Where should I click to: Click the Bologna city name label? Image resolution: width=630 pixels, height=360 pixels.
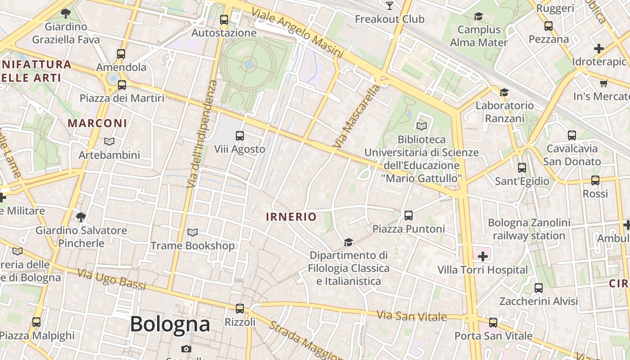coord(170,324)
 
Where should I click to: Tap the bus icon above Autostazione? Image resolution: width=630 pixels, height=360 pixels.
coord(224,20)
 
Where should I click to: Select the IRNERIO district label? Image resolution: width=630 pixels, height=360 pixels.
coord(291,217)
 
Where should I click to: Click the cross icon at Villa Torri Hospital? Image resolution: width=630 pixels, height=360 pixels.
coord(483,257)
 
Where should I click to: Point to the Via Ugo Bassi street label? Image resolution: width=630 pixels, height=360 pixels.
coord(112,279)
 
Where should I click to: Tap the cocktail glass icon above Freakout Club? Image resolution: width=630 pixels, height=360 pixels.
coord(390,6)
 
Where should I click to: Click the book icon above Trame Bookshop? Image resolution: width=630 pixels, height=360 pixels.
coord(192,233)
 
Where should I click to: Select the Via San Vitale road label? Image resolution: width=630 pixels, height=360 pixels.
coord(412,316)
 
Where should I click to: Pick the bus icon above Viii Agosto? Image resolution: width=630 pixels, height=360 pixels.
coord(240,136)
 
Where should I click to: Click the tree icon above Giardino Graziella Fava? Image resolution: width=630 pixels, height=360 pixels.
coord(66,13)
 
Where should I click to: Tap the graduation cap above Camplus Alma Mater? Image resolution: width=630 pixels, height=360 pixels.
coord(478,17)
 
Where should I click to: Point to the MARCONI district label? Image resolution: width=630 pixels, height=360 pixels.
coord(97,123)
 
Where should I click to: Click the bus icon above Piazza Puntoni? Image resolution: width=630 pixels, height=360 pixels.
coord(409,216)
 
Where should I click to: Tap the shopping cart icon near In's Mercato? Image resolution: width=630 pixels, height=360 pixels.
coord(603,83)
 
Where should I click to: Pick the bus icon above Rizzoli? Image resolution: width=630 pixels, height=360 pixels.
coord(240,309)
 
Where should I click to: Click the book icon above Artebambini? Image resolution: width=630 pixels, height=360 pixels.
coord(109,142)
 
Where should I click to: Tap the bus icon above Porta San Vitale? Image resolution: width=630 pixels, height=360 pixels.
coord(493,323)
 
